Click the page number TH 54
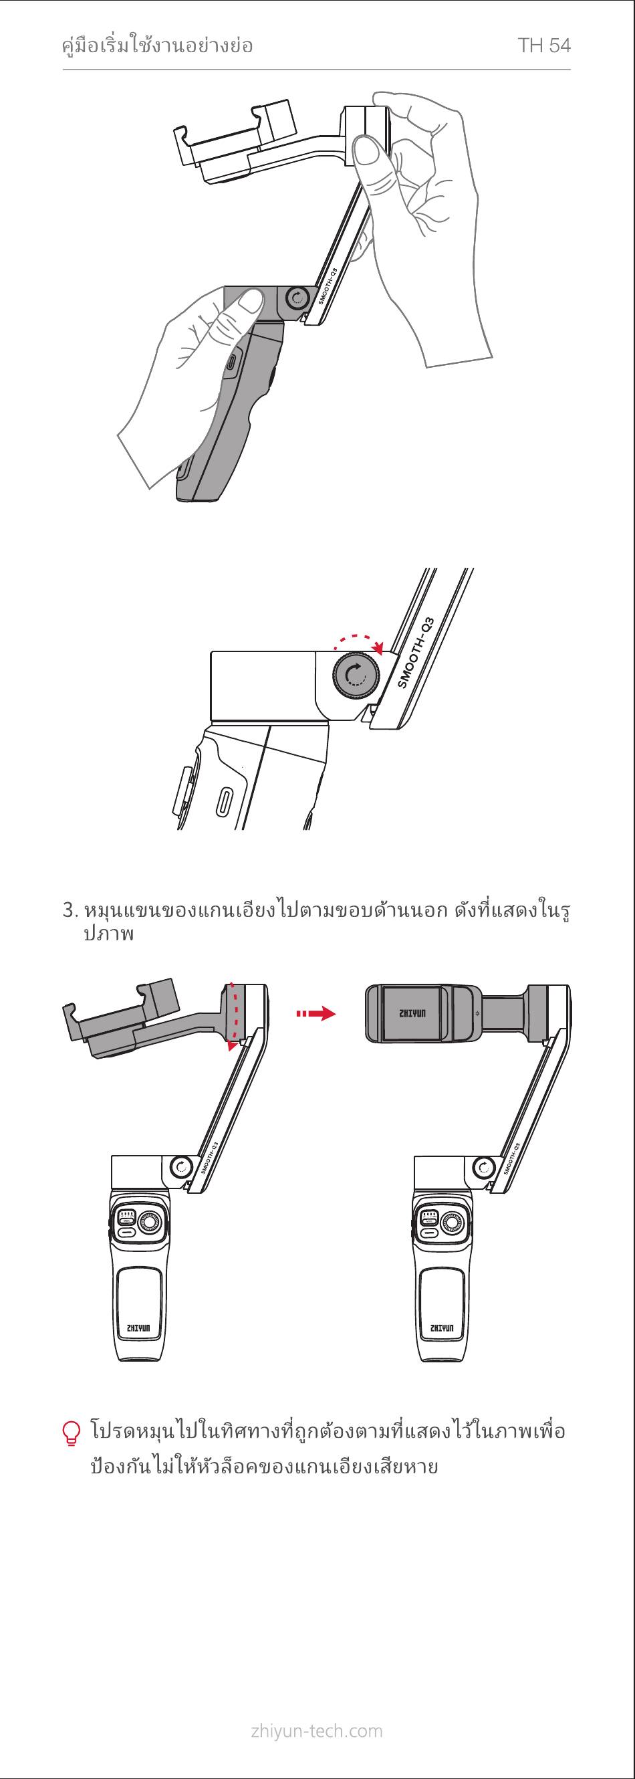point(544,46)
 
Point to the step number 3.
point(68,910)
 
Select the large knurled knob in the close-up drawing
point(356,675)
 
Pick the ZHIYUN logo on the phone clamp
point(413,1014)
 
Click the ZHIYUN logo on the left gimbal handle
point(140,1328)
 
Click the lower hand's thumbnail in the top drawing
point(248,301)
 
